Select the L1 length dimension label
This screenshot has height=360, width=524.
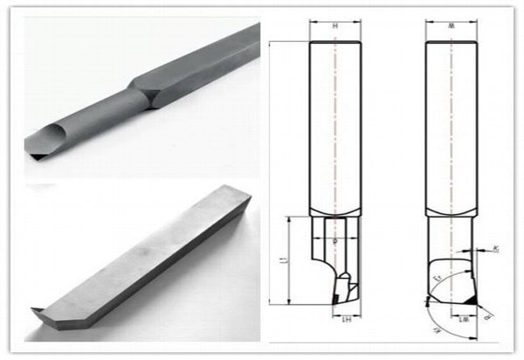click(x=279, y=260)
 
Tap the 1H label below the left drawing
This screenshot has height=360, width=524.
click(x=346, y=321)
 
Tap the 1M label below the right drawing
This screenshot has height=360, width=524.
click(x=460, y=321)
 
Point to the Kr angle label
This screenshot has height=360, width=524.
click(x=494, y=250)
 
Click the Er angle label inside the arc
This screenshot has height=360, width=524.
click(x=436, y=278)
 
